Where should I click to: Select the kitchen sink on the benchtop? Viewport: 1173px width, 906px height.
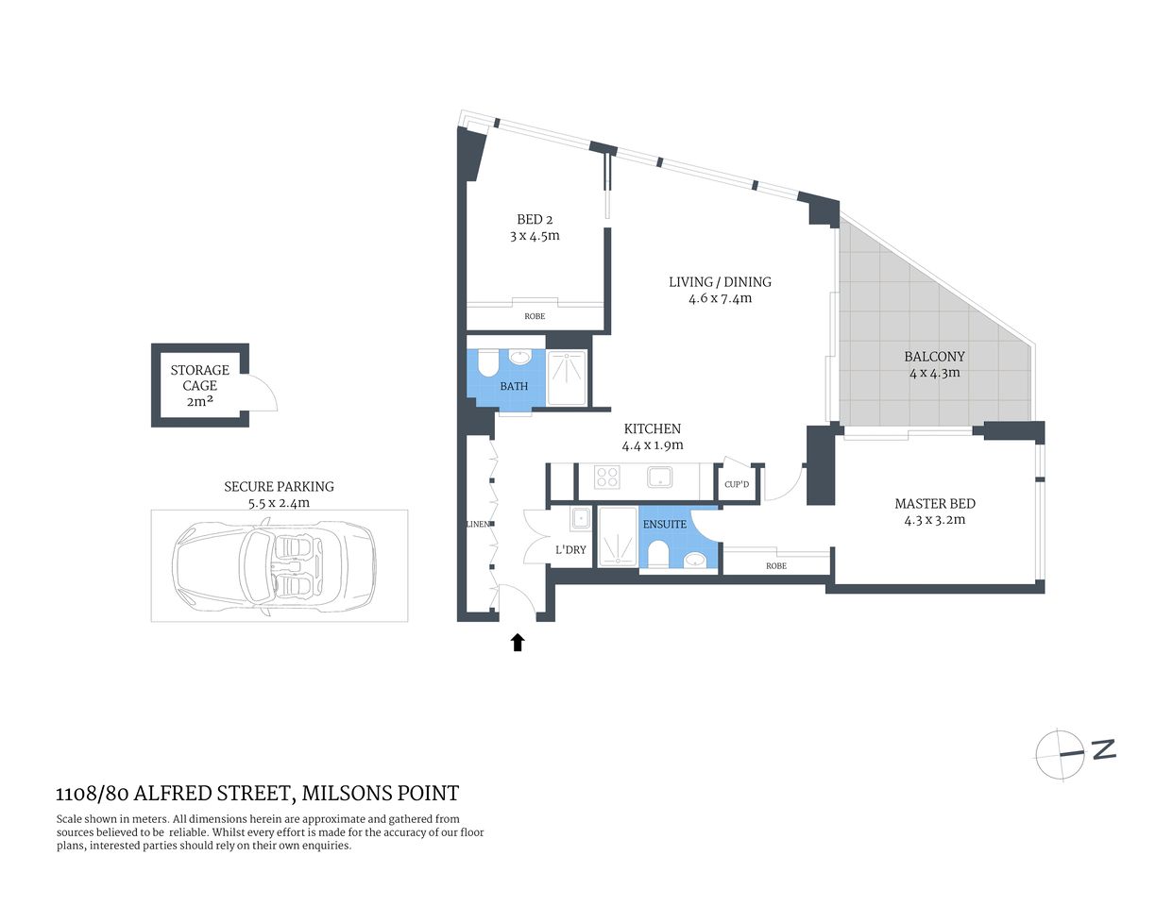point(659,477)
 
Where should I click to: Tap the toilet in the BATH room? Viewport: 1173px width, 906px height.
point(487,363)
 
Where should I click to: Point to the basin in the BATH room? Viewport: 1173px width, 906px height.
point(519,358)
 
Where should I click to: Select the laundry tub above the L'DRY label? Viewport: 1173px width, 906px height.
point(580,517)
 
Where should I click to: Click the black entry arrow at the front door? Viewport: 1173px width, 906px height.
point(517,643)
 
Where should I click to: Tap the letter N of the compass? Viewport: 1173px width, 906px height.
point(1103,749)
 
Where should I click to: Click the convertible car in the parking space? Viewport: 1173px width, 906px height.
point(274,565)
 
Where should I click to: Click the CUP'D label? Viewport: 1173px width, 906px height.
point(736,485)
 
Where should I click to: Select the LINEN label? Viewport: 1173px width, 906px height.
point(478,524)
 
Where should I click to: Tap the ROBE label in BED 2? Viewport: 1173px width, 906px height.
point(535,316)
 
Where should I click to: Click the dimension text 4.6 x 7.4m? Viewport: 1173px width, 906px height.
point(720,298)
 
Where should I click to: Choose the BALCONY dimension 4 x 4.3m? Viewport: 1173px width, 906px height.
point(934,372)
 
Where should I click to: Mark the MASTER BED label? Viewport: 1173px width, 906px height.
point(934,503)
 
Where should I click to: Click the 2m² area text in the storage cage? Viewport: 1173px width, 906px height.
point(199,401)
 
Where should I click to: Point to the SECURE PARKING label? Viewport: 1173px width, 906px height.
point(279,486)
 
